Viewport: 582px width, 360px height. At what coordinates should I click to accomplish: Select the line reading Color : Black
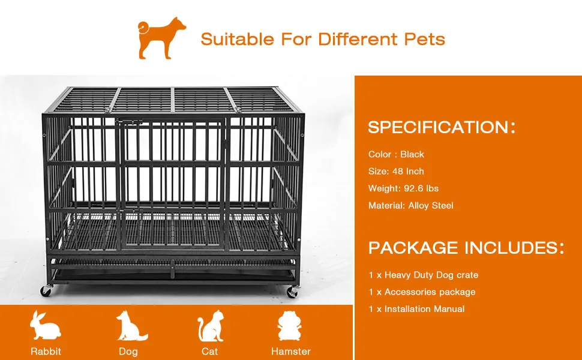point(396,154)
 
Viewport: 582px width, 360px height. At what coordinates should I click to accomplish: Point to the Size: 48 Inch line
point(396,171)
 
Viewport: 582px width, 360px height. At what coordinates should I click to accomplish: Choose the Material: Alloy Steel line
point(410,205)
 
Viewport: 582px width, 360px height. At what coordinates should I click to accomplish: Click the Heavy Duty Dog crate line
point(423,275)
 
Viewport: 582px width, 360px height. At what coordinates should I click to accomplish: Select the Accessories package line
point(422,292)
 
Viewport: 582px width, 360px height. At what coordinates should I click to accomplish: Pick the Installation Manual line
point(416,309)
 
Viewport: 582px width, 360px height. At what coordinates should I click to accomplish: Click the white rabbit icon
point(46,326)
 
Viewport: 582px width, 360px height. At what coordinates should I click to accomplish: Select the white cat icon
point(210,326)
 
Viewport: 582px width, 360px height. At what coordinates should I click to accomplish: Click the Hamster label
point(291,351)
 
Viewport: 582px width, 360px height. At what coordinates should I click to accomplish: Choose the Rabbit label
point(46,351)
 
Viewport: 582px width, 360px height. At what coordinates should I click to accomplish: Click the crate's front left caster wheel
point(46,291)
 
